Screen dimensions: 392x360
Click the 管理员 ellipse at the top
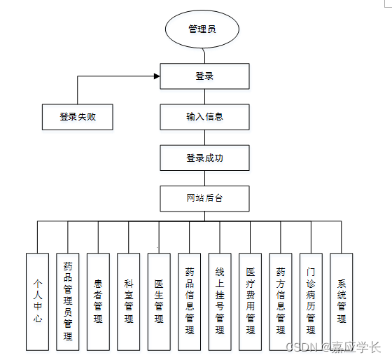click(202, 29)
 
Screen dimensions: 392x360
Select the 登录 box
click(204, 76)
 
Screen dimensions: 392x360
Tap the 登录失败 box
click(78, 117)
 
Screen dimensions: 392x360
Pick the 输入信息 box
click(204, 117)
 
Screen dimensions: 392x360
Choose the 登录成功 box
click(204, 158)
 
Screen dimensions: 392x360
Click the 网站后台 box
click(204, 199)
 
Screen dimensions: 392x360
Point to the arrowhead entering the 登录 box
click(157, 76)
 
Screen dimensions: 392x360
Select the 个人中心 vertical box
click(38, 302)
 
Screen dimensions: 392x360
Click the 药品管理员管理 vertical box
click(68, 302)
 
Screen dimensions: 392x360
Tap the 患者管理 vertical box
click(98, 302)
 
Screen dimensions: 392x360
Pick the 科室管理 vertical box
click(129, 302)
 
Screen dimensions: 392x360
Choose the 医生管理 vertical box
click(159, 302)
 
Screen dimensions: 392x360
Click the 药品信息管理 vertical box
click(189, 302)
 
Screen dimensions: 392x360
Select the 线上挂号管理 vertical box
click(220, 302)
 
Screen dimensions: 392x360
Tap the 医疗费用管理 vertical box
click(251, 302)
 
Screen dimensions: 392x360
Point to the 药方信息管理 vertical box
click(281, 302)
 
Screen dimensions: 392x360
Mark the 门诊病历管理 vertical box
click(311, 302)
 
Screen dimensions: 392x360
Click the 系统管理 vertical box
click(342, 302)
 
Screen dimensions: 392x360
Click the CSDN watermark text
click(333, 347)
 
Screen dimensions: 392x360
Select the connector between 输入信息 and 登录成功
click(204, 137)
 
